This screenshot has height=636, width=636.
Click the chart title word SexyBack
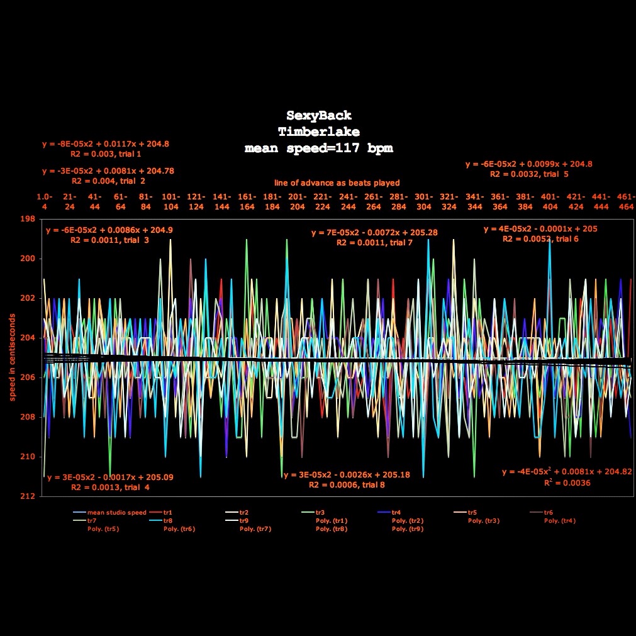coord(319,116)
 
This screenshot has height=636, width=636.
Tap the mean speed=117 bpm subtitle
coord(319,148)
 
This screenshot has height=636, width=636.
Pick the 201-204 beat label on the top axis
coord(297,201)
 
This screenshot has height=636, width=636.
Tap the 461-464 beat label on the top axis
coord(625,201)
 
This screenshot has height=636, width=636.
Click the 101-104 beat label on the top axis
coord(170,201)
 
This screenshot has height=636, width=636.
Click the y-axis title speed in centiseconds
coord(13,357)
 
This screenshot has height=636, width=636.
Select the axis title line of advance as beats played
coord(337,183)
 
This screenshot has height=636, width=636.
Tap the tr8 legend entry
coord(167,521)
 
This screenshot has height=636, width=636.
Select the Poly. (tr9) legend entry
coord(408,529)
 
